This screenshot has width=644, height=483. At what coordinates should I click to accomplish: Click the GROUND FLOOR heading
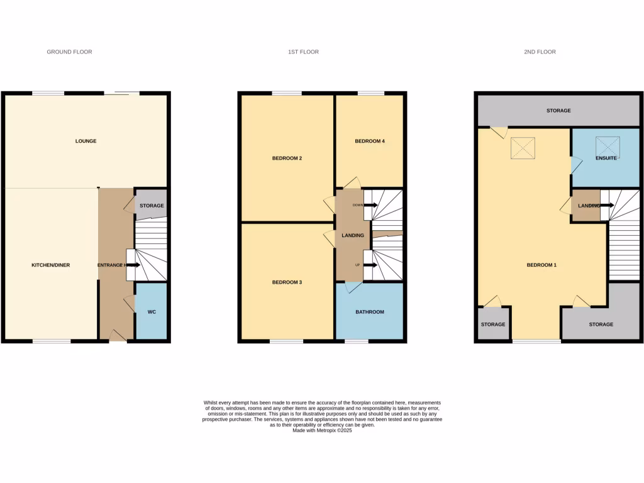(69, 52)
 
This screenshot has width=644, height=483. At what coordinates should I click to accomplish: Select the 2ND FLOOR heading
(540, 52)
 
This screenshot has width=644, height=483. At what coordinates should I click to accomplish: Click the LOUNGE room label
(86, 141)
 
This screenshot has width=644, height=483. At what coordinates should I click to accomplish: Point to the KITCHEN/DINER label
(50, 265)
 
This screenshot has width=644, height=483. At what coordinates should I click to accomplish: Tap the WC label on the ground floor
(152, 312)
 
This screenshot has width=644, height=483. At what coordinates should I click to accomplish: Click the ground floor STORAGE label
(152, 206)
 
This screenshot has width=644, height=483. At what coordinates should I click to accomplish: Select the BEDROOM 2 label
(287, 158)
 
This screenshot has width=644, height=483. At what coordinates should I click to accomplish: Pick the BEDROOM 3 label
(287, 282)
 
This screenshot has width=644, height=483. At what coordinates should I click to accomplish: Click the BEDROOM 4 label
(369, 142)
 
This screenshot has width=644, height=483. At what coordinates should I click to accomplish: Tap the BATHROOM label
(369, 312)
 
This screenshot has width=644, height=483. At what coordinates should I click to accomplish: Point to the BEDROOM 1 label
(541, 265)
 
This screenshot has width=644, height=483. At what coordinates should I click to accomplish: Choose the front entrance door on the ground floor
(118, 337)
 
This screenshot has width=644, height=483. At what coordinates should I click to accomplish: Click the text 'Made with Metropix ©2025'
(321, 430)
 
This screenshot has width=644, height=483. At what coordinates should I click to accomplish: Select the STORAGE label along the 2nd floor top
(558, 111)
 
